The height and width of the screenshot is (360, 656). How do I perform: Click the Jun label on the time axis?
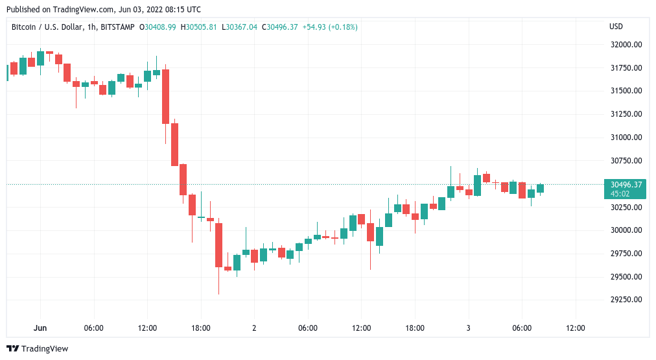40,328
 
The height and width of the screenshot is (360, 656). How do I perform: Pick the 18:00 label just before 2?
201,328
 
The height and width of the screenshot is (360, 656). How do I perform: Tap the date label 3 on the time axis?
468,328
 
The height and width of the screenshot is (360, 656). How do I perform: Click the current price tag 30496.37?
624,184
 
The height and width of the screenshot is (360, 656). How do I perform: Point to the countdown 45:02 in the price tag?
621,193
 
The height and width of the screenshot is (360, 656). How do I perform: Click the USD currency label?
616,27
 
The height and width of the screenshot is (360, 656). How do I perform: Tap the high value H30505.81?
199,27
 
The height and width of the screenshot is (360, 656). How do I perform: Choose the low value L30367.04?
239,27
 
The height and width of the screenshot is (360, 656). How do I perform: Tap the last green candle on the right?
540,188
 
